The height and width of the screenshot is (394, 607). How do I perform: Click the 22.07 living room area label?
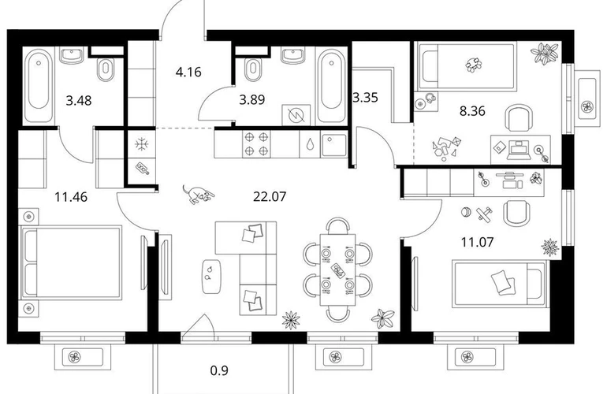(270, 197)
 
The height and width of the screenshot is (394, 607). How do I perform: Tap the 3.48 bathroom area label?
(79, 101)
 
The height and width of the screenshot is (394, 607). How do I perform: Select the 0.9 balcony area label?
(219, 371)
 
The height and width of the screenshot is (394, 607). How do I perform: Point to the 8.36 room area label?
(472, 111)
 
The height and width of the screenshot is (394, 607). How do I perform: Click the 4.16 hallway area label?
(188, 72)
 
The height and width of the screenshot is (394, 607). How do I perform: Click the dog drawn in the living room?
(197, 194)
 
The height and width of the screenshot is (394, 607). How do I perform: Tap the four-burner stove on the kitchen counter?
(256, 143)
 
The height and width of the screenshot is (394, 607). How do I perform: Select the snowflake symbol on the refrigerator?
(142, 144)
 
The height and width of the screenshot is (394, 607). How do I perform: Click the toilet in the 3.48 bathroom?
(106, 69)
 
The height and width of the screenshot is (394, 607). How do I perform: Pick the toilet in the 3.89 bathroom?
(253, 69)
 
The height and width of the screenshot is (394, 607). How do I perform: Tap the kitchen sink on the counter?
(334, 144)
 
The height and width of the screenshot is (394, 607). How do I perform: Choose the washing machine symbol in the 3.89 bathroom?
(296, 115)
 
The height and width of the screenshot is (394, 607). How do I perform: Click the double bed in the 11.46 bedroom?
(71, 262)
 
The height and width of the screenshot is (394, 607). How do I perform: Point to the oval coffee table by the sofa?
(212, 277)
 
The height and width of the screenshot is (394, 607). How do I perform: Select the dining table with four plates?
(337, 269)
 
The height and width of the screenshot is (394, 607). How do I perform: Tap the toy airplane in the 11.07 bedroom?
(484, 214)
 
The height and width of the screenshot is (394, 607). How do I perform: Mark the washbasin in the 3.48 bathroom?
(71, 55)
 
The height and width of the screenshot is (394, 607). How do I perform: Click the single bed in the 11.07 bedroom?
(499, 284)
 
